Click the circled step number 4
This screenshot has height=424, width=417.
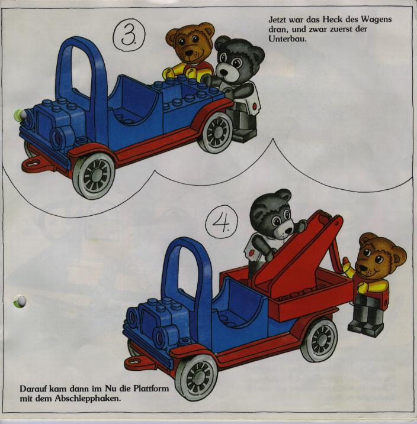click(x=222, y=222)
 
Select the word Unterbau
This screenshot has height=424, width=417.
click(x=287, y=39)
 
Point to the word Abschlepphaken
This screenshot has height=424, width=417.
click(x=88, y=399)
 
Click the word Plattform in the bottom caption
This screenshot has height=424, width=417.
click(x=151, y=389)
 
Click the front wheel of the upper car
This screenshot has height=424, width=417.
click(x=94, y=176)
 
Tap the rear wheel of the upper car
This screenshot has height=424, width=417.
click(x=216, y=132)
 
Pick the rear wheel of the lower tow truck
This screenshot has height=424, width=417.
click(x=319, y=340)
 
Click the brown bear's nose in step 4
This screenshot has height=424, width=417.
click(x=362, y=267)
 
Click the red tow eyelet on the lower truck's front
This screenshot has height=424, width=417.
click(x=137, y=361)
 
